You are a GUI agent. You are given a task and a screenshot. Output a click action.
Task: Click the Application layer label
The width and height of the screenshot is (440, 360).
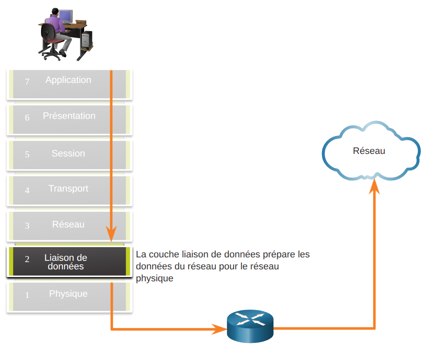[x=68, y=80]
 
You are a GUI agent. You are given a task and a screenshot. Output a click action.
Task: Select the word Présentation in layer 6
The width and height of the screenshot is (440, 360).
[x=69, y=116]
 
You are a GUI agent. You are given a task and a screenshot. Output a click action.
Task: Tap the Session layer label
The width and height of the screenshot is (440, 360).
[x=68, y=153]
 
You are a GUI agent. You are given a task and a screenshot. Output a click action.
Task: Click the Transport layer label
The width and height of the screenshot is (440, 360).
[x=68, y=189]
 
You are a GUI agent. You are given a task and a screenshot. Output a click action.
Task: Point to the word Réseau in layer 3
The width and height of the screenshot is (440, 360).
[x=68, y=224]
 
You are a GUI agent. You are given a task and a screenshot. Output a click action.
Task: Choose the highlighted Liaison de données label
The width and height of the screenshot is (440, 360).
[x=66, y=262]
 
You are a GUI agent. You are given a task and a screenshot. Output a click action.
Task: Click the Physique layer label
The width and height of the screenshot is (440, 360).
[x=68, y=294]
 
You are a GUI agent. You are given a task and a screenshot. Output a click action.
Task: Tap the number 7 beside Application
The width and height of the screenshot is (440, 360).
[x=27, y=81]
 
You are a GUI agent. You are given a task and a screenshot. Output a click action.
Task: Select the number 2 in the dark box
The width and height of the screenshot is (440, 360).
[x=27, y=259]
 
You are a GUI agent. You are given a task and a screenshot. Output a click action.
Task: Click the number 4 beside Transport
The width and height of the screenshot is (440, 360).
[x=27, y=190]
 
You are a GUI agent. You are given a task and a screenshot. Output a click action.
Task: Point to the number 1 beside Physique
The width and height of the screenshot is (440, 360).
[x=27, y=295]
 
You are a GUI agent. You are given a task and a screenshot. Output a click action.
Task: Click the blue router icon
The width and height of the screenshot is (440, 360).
[x=250, y=326]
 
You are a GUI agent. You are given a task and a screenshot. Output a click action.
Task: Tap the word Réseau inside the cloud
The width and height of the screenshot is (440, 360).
[x=369, y=151]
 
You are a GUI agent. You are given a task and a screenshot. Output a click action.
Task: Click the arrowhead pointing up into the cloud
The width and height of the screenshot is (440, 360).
[x=374, y=186]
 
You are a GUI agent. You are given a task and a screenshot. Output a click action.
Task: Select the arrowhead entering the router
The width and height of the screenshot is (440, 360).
[x=219, y=329]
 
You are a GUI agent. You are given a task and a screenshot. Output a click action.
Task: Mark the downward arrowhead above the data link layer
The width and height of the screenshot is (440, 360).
[x=111, y=233]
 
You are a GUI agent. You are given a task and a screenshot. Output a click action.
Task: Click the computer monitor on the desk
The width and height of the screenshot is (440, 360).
[x=66, y=17]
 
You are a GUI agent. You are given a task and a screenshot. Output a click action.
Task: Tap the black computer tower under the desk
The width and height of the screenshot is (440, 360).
[x=87, y=39]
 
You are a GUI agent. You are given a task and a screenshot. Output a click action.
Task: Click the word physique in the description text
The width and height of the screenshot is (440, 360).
[x=155, y=279]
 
